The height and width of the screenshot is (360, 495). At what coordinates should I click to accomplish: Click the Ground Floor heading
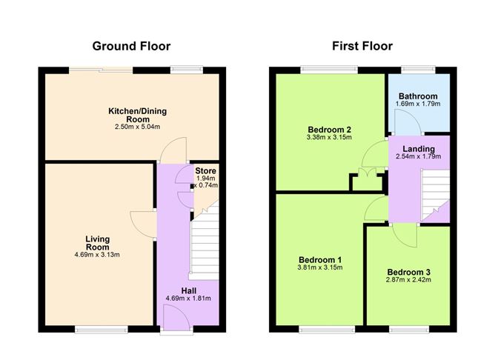tap(131, 46)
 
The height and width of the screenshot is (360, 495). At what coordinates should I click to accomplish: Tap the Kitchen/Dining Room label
tap(138, 115)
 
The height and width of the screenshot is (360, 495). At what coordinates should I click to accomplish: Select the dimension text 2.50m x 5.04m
tap(138, 127)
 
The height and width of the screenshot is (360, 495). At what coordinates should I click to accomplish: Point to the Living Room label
tap(98, 243)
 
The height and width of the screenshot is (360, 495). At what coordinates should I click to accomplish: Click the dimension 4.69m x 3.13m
tap(98, 256)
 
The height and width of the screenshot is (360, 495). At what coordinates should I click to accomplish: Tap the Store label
tap(205, 171)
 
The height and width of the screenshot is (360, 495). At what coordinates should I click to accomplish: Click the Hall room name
tap(187, 290)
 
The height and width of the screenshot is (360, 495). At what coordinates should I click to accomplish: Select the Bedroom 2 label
tap(329, 129)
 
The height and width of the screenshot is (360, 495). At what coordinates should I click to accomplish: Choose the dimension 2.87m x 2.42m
tap(408, 281)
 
